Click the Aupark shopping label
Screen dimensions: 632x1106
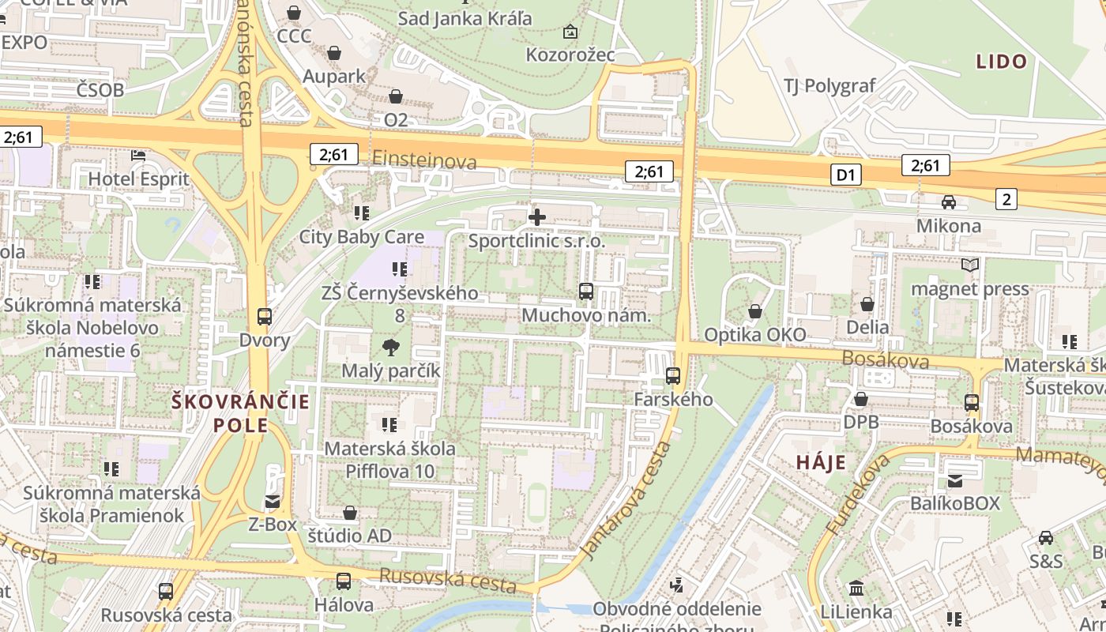coord(334,77)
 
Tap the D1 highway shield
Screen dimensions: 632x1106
coord(845,175)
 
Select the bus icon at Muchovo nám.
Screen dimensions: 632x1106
coord(585,292)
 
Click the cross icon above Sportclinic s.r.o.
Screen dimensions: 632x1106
coord(537,216)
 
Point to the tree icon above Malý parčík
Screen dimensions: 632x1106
coord(390,347)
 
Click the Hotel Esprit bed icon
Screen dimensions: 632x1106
coord(138,156)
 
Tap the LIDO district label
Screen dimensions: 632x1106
coord(1001,62)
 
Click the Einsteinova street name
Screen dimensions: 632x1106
coord(424,160)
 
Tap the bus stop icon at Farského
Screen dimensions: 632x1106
coord(673,376)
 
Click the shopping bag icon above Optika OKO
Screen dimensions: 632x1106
coord(755,311)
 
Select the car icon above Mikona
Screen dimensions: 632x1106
coord(949,202)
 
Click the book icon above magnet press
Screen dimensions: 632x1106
coord(970,265)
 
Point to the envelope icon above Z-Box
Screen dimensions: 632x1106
coord(273,501)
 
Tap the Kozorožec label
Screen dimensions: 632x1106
coord(570,55)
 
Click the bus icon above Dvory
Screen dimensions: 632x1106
coord(265,317)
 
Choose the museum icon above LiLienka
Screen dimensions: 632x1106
coord(856,588)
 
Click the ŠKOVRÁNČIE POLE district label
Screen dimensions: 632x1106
coord(241,414)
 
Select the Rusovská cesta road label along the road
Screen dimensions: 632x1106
coord(447,581)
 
